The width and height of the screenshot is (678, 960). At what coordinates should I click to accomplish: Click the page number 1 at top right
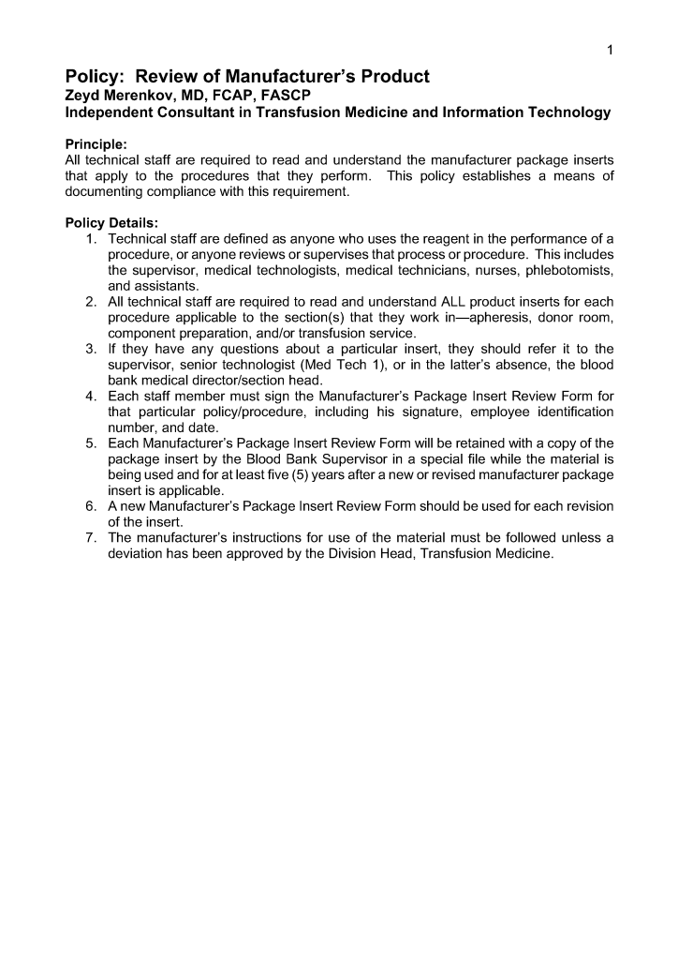click(609, 51)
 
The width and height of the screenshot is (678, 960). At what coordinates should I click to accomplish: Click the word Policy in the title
click(95, 77)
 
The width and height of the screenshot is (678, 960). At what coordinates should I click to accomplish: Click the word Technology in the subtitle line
click(570, 112)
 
